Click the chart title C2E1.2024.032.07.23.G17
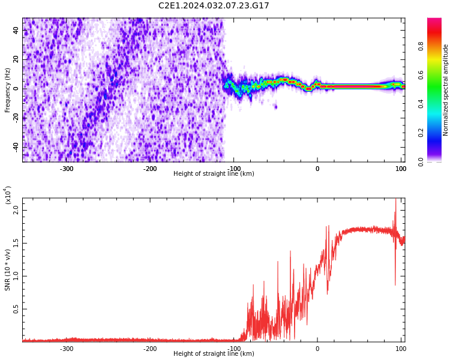214,5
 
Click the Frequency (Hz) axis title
7,90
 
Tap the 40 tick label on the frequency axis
16,30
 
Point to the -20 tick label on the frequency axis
16,118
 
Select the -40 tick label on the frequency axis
16,147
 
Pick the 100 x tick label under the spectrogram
401,169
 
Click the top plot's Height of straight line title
214,173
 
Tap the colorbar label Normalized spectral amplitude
445,90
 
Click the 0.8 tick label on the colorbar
421,46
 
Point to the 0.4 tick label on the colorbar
421,104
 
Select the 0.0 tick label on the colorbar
421,162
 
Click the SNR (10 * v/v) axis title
7,270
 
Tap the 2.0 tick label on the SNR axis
16,210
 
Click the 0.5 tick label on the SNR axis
16,309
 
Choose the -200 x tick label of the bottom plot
150,349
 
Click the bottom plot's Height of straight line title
214,353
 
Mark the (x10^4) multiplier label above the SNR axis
8,195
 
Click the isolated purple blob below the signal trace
276,107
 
